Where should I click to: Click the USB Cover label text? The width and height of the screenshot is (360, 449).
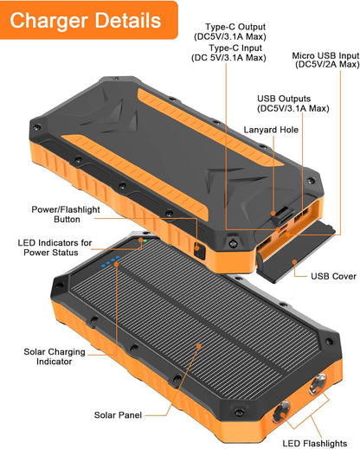(333, 277)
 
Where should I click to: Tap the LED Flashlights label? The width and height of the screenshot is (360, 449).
(315, 443)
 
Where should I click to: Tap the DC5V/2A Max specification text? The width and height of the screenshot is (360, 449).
(325, 65)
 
